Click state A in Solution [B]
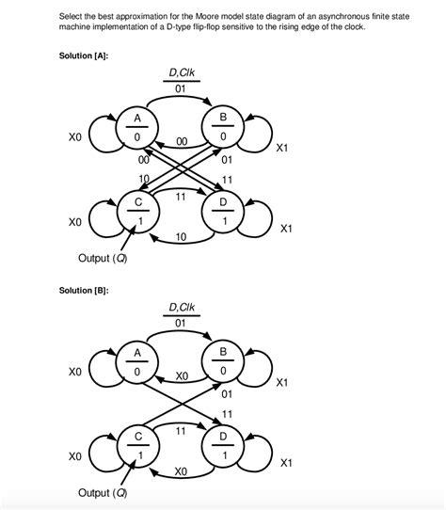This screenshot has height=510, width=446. click(138, 364)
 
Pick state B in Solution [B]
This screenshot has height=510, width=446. click(223, 364)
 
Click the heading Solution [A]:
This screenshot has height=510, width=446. click(84, 56)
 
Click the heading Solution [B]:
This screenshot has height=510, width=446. click(84, 290)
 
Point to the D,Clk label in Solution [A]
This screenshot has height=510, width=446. click(181, 72)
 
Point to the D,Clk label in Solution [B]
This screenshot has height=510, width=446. click(181, 307)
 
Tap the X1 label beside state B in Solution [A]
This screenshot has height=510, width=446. click(287, 148)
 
